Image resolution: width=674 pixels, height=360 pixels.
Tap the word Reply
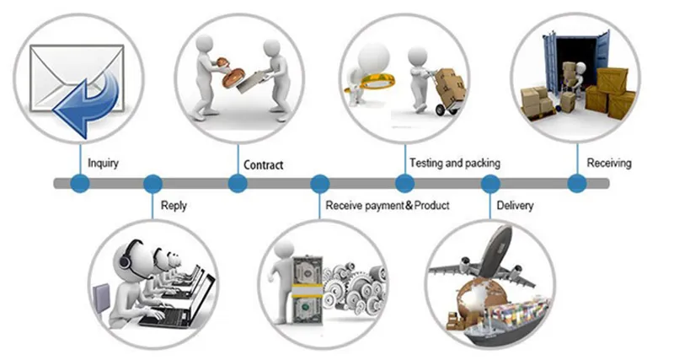(174, 205)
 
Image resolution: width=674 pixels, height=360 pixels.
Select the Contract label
(263, 164)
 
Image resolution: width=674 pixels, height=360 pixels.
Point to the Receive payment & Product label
(388, 205)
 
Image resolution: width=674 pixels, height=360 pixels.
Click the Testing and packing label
(455, 162)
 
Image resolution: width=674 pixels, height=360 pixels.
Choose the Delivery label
(515, 205)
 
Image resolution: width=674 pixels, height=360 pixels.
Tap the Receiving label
(609, 162)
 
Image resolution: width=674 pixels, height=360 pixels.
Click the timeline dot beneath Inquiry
(80, 183)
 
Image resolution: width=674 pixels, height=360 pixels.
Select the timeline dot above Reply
(152, 183)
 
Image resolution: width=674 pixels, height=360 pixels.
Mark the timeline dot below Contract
(238, 183)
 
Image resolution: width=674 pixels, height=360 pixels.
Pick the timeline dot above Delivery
(489, 183)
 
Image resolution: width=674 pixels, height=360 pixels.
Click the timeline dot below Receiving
(576, 183)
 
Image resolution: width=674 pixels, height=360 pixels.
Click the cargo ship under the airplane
(497, 325)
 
